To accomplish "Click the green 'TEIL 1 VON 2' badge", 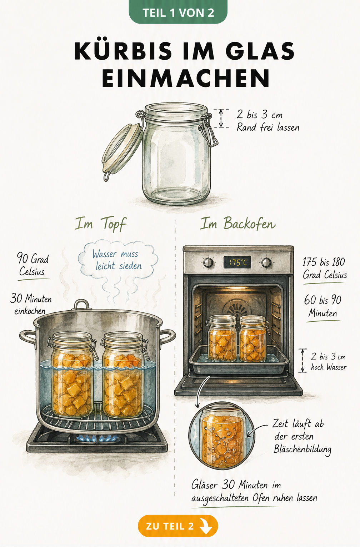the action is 178,12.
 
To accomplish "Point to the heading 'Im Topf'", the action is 100,224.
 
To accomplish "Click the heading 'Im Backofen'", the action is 238,224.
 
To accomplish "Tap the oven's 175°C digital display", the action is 237,262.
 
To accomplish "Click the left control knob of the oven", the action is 208,263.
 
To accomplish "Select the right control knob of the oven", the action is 266,263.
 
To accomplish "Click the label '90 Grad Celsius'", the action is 33,265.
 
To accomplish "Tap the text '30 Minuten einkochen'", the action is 31,304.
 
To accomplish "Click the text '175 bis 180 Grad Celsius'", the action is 325,269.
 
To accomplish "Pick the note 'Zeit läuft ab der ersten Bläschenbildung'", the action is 302,437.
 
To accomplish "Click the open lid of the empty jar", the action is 121,149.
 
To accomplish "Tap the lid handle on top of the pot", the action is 81,305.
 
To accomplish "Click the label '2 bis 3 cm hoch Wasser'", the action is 329,362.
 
